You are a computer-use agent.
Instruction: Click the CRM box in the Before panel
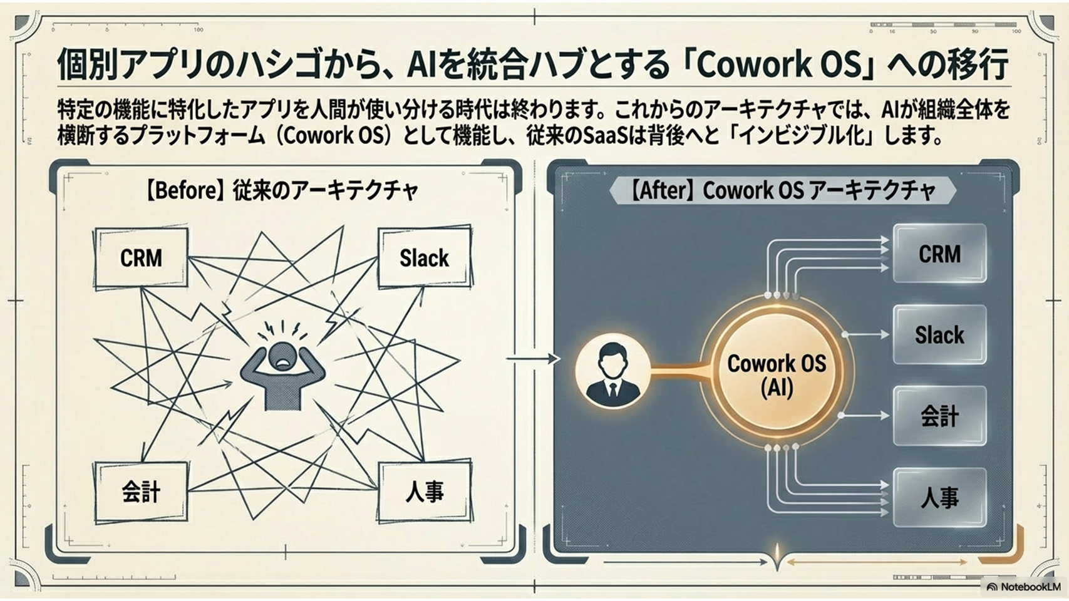click(141, 257)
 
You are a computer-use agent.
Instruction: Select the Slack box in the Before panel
click(424, 257)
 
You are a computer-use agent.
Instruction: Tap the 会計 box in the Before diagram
click(141, 492)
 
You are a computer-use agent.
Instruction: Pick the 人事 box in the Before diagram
click(424, 492)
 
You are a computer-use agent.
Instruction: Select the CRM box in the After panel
click(939, 254)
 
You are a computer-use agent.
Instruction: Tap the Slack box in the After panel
click(939, 335)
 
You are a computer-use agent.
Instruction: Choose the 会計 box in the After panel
click(939, 416)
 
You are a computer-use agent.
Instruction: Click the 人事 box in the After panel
click(939, 498)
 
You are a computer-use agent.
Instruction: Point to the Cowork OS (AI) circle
click(777, 374)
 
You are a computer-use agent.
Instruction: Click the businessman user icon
click(612, 373)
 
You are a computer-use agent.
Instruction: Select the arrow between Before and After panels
click(532, 359)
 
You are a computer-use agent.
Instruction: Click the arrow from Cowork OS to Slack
click(867, 335)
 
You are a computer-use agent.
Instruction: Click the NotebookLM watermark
click(1023, 587)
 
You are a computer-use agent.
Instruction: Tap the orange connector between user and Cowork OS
click(679, 373)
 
